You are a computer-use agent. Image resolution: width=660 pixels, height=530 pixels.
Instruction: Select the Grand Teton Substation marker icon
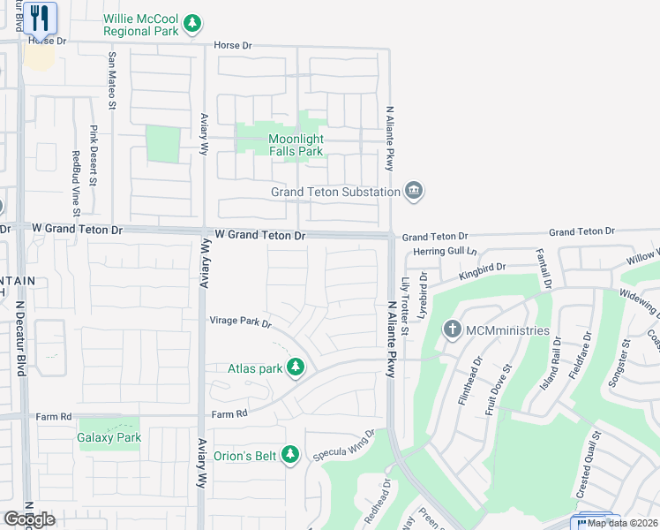[x=414, y=191]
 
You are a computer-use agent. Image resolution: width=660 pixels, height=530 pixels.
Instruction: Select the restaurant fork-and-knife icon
[x=39, y=18]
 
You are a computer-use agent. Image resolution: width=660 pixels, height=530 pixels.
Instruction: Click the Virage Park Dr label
[x=239, y=321]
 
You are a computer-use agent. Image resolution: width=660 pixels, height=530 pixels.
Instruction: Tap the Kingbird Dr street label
[x=482, y=271]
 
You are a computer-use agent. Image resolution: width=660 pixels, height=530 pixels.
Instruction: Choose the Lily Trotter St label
[x=405, y=306]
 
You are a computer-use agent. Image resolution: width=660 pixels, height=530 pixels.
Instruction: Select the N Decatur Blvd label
[x=19, y=335]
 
